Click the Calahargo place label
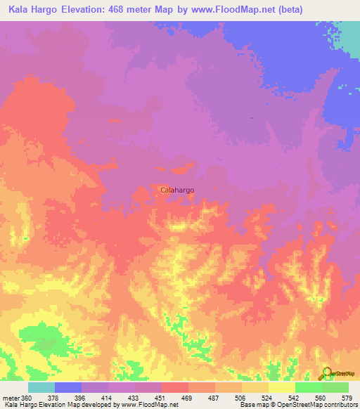[177, 190]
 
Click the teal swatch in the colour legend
[41, 387]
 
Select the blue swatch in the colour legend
[67, 387]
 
